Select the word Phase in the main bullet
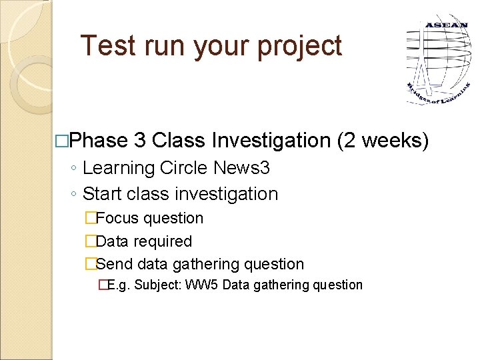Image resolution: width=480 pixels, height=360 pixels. tap(98, 141)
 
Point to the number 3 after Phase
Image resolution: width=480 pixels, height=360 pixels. tap(140, 141)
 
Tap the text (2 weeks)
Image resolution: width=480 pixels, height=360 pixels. tap(383, 141)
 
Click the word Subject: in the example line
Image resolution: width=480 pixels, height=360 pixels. tap(160, 285)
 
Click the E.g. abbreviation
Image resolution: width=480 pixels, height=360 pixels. tap(119, 285)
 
